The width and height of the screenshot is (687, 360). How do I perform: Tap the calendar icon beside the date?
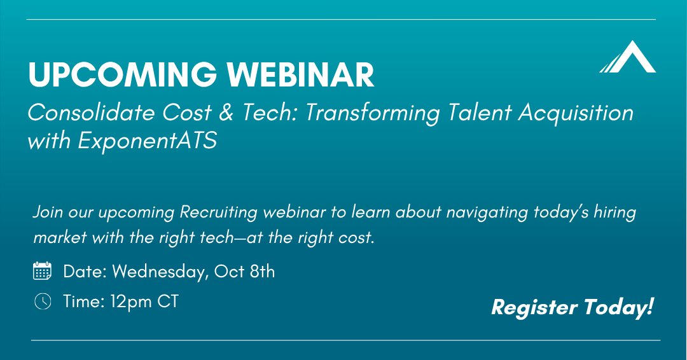tap(42, 272)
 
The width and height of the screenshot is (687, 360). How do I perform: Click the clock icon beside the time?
tap(42, 301)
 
